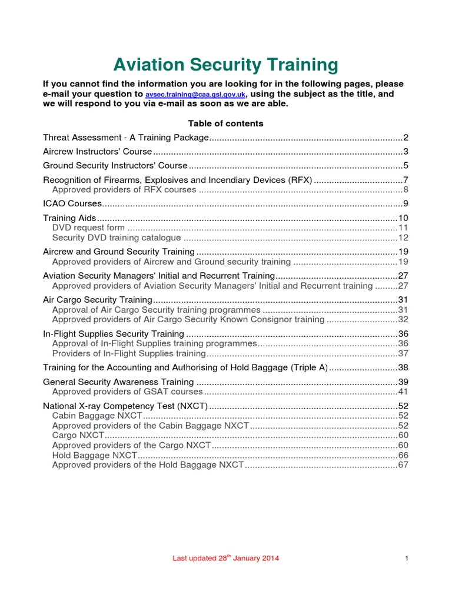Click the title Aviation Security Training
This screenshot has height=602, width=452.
[x=225, y=64]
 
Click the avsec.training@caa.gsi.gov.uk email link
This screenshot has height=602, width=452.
[x=195, y=94]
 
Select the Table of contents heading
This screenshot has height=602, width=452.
[x=225, y=123]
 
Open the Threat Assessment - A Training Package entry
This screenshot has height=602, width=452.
[x=126, y=138]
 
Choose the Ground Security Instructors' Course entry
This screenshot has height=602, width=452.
[x=115, y=165]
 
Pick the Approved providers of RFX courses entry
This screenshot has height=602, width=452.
[x=124, y=189]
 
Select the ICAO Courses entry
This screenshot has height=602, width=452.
[x=72, y=203]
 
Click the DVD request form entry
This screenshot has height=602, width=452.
[x=88, y=227]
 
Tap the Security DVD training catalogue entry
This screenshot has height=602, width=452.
[x=117, y=238]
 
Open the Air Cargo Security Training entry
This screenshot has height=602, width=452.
[x=98, y=299]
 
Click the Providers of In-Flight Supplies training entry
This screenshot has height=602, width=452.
[x=129, y=353]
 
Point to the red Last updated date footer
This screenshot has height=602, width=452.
[x=225, y=558]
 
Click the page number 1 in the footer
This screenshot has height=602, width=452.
[x=407, y=558]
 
